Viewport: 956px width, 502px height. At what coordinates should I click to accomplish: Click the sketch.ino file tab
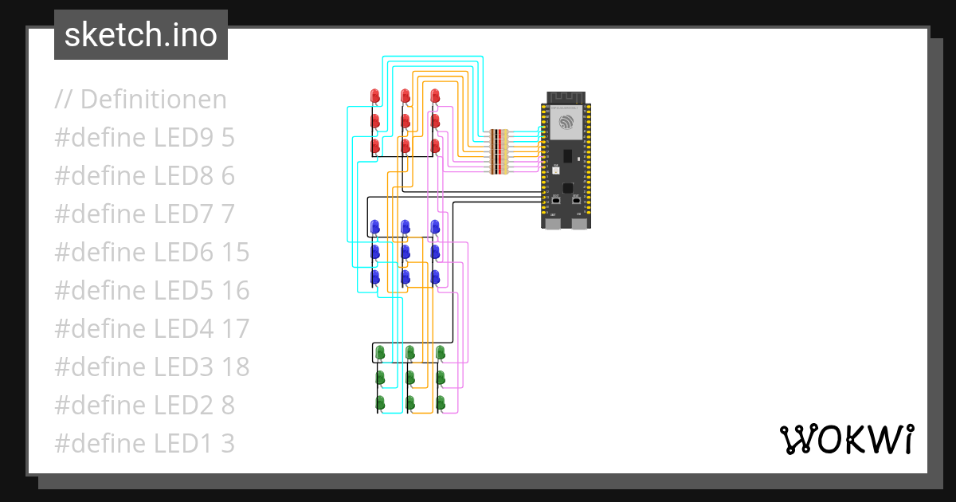pos(140,35)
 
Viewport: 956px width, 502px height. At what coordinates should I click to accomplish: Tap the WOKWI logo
pos(845,439)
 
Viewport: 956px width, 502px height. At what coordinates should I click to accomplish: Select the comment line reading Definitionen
pos(141,100)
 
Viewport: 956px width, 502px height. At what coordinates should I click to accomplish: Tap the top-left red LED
pos(375,96)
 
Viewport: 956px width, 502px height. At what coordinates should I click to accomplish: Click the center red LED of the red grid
pos(406,121)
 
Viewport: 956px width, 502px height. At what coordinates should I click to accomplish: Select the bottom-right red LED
pos(435,147)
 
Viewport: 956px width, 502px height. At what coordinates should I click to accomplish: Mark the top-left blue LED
pos(375,227)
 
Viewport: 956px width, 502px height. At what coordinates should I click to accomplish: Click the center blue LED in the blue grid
pos(406,252)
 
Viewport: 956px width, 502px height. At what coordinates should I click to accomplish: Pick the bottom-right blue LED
pos(435,277)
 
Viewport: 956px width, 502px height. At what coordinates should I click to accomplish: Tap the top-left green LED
pos(380,351)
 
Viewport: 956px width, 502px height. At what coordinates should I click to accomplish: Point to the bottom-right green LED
pos(441,402)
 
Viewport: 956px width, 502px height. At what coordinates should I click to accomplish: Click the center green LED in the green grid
pos(410,377)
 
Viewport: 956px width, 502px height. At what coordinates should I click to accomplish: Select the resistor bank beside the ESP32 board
pos(499,151)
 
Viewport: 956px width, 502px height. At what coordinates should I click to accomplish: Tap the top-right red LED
pos(435,96)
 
